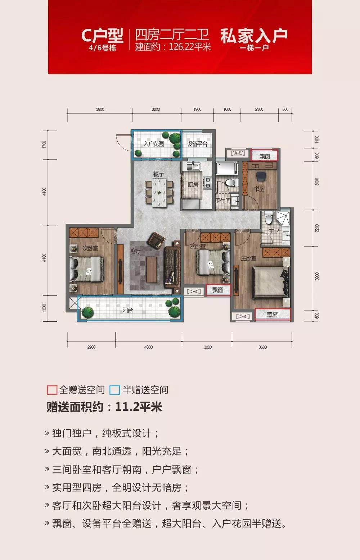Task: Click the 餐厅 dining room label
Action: tap(158, 174)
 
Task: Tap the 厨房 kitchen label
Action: tap(193, 185)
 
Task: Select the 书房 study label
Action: tap(259, 189)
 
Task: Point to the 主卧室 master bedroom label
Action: tap(249, 258)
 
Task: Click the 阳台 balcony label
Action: tap(127, 310)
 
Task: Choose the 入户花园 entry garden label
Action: tap(153, 144)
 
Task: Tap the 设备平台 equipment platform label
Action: tap(197, 144)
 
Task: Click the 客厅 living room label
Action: tap(136, 251)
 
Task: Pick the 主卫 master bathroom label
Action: tap(273, 231)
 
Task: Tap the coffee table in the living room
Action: tap(152, 270)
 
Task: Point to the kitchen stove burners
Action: tap(207, 182)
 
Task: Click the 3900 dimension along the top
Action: tap(100, 109)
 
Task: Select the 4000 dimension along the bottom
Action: tap(148, 347)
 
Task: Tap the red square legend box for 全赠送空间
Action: tap(52, 390)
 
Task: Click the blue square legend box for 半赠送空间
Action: tap(114, 390)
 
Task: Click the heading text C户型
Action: tap(102, 36)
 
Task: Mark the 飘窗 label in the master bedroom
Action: tap(272, 315)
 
